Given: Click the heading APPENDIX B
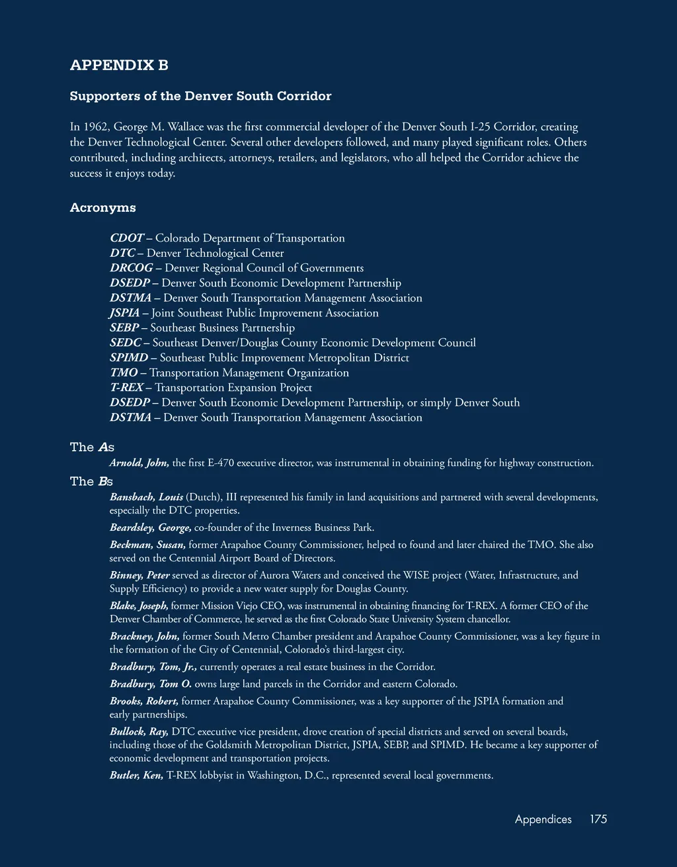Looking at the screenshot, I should tap(119, 65).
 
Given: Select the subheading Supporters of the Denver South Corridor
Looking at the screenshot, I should tap(200, 96).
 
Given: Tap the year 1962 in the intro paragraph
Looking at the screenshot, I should tap(95, 126).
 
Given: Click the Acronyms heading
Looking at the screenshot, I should tap(102, 208).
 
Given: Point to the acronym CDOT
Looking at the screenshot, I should tap(127, 238).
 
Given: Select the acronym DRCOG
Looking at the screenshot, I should tap(131, 268).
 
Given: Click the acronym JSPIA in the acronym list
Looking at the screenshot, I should tap(125, 313).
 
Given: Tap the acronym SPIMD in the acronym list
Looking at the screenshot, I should tap(129, 358).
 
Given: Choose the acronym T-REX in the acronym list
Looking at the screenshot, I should tap(126, 388).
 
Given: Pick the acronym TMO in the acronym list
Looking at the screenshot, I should tap(124, 373).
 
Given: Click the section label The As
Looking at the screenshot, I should tap(92, 447).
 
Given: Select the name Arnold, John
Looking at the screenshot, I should tap(139, 463).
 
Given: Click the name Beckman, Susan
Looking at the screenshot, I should tap(147, 545).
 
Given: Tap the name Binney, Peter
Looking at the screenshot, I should tap(139, 576).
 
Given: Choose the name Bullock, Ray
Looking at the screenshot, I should tap(139, 732).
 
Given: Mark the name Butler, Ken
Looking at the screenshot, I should tap(136, 776).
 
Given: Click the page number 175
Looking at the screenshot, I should tap(598, 819).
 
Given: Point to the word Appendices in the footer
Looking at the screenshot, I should tap(543, 819).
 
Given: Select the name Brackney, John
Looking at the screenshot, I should tap(144, 637).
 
